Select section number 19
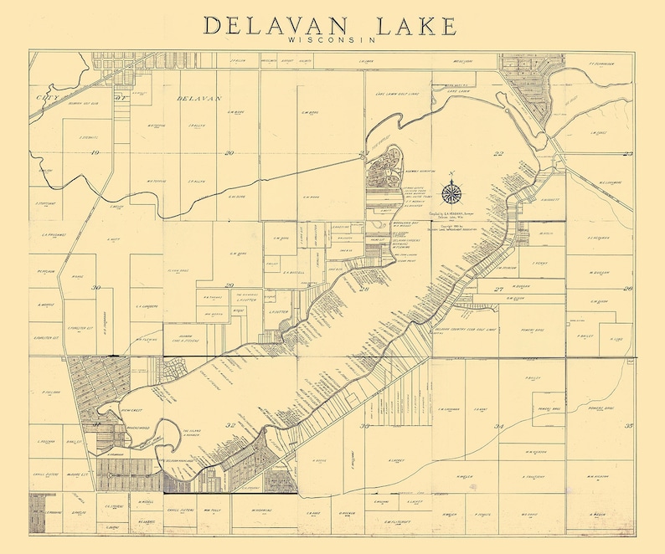(x=95, y=152)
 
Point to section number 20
(x=229, y=152)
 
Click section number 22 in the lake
(x=499, y=153)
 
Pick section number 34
(x=499, y=427)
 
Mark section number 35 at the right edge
(x=628, y=426)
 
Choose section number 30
(x=96, y=288)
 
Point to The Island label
(x=194, y=433)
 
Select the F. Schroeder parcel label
(x=601, y=62)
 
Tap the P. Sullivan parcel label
(x=46, y=392)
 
